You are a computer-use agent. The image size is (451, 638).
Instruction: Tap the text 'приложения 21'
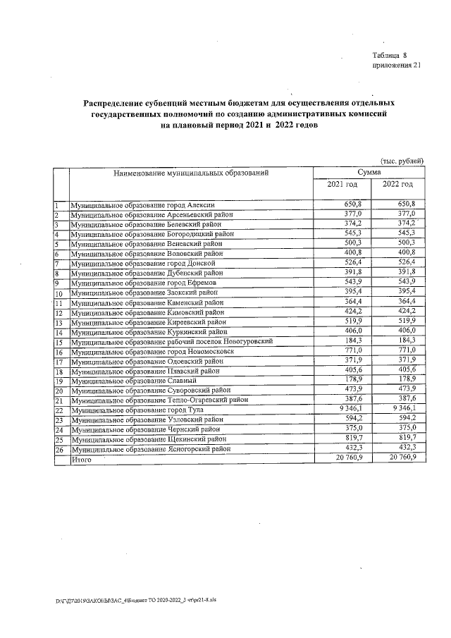point(396,66)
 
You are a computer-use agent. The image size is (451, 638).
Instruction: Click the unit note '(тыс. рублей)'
point(402,161)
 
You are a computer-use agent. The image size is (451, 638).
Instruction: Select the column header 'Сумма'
point(369,172)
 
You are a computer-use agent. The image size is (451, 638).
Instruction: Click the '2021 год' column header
point(342,184)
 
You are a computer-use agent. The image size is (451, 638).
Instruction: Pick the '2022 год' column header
point(397,184)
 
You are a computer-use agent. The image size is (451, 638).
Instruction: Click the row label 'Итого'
point(82,459)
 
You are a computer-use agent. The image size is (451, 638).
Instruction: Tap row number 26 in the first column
point(59,449)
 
